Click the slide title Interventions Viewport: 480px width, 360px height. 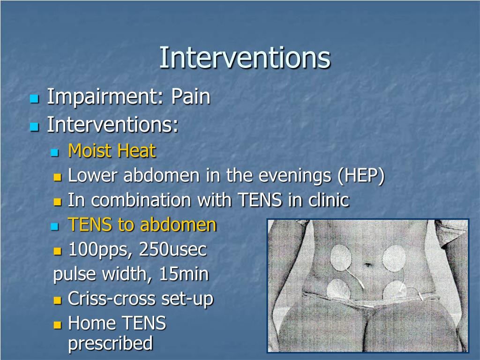[x=245, y=58]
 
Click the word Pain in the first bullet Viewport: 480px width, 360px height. [x=190, y=97]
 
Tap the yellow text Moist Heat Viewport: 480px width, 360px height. [x=112, y=151]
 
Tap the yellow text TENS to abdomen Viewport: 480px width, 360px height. [x=142, y=225]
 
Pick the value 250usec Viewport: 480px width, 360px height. [x=173, y=250]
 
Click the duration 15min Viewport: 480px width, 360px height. [x=184, y=274]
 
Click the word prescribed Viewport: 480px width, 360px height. [x=111, y=343]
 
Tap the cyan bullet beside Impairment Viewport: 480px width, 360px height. [x=34, y=99]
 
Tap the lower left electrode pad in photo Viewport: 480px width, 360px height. [x=338, y=289]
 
